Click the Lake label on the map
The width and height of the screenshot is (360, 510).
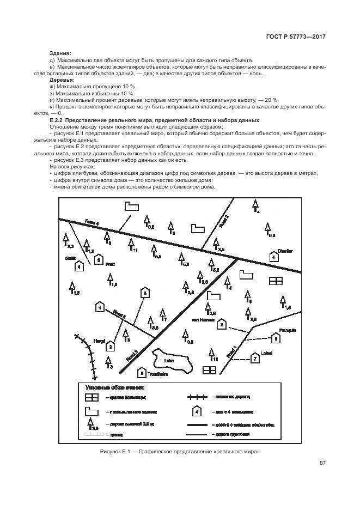click(x=169, y=360)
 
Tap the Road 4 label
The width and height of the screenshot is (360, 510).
click(x=92, y=222)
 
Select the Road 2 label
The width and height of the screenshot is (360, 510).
click(x=223, y=221)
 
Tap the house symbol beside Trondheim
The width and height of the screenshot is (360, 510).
click(x=142, y=373)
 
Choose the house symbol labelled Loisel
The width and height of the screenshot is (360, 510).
click(x=254, y=359)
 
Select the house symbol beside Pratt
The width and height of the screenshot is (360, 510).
click(x=98, y=260)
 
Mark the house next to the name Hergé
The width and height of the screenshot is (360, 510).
click(x=111, y=345)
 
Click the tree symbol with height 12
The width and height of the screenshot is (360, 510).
click(x=211, y=354)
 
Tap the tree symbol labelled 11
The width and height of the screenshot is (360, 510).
click(x=131, y=244)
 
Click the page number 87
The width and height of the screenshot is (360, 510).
click(x=322, y=463)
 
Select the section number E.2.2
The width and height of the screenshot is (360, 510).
click(x=57, y=120)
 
